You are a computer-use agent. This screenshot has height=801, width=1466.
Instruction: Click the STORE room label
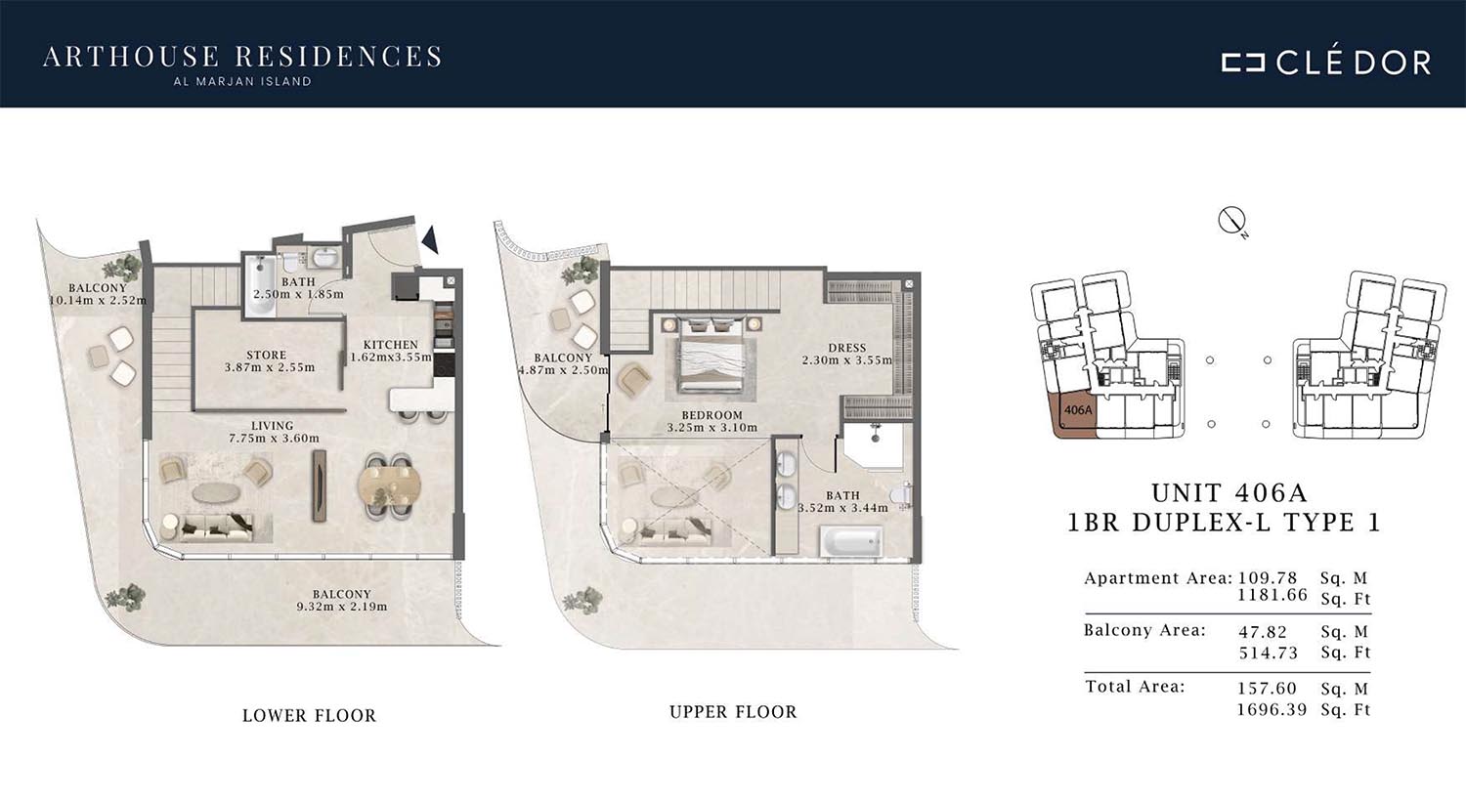267,355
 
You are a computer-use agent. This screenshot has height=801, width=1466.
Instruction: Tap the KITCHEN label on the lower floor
390,345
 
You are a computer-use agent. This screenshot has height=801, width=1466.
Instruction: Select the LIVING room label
273,426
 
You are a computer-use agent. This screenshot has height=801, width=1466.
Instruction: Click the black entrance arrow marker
431,239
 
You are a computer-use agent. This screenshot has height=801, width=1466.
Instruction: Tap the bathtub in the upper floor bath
850,541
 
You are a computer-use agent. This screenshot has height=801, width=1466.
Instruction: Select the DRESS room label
847,348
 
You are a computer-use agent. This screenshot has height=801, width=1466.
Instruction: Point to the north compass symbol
1231,221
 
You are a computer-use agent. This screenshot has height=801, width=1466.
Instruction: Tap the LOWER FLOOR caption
310,715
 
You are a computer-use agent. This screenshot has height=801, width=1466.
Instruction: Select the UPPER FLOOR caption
733,711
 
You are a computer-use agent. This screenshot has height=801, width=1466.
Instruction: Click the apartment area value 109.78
1268,578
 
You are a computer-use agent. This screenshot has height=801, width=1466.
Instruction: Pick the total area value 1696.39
1272,709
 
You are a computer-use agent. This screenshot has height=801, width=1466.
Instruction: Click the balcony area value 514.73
1269,653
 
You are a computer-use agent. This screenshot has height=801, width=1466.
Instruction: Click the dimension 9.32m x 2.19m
342,607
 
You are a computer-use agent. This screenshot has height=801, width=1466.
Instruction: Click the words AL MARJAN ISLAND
242,82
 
